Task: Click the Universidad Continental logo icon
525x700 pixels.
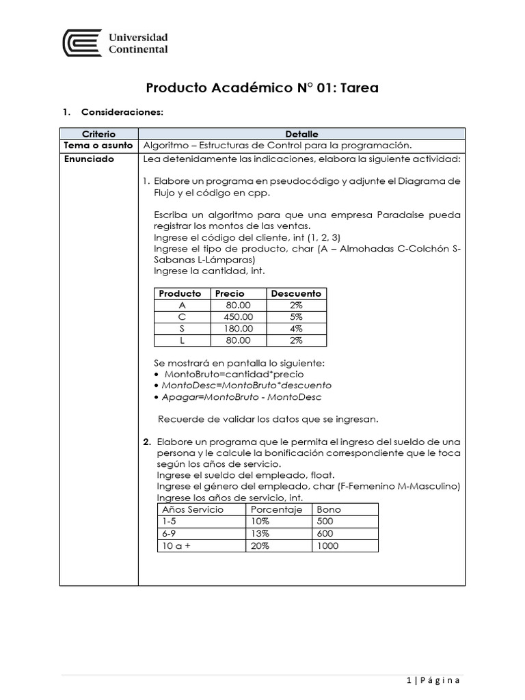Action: click(82, 43)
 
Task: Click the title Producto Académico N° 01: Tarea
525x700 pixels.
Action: click(262, 88)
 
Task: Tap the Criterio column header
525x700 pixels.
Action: click(98, 134)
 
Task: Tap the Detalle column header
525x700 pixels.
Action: click(301, 134)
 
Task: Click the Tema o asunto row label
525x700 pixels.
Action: click(98, 146)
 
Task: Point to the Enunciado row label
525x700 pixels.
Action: click(89, 159)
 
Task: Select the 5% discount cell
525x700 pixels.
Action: click(296, 317)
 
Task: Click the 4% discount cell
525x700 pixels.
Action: click(296, 329)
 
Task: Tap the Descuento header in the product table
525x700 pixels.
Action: click(296, 293)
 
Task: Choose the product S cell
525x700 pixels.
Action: click(182, 329)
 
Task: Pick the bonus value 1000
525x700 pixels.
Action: click(327, 546)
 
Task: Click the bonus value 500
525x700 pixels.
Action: click(325, 522)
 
